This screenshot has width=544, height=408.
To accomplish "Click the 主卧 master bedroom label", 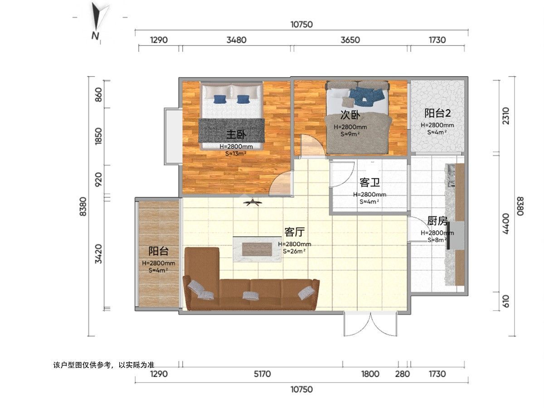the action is (x=236, y=135).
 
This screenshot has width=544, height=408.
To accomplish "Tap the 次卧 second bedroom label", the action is (x=350, y=115).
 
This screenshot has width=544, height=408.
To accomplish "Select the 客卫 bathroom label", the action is (x=369, y=183).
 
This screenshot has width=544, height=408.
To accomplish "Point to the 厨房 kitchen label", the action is (x=437, y=221).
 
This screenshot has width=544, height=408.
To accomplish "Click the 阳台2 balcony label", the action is (x=437, y=113).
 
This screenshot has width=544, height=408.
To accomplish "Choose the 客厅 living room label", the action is (x=294, y=232).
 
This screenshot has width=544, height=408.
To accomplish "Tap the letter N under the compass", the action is (x=95, y=36).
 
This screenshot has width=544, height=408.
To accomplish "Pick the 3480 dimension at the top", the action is (x=237, y=40).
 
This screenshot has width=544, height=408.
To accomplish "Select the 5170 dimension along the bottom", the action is (x=262, y=374).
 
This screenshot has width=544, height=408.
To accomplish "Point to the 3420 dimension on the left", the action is (x=98, y=254).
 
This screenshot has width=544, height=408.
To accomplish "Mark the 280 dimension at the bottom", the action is (x=402, y=374).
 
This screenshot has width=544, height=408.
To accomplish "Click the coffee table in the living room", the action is (x=257, y=249).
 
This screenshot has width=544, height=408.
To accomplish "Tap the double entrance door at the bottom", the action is (x=370, y=324).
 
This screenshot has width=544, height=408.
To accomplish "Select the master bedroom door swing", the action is (x=281, y=183).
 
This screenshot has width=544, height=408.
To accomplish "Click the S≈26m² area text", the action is (x=294, y=251).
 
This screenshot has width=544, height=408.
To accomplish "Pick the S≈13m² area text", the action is (x=236, y=154).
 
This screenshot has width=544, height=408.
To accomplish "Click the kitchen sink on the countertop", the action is (x=451, y=175).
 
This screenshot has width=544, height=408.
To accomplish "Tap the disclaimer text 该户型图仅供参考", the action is (x=82, y=365).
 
